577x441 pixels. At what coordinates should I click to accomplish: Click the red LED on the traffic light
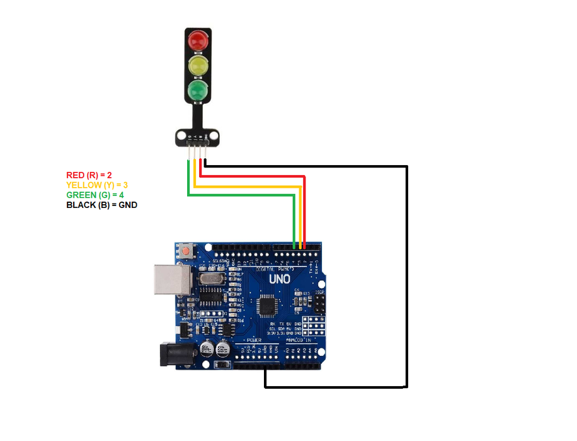[x=198, y=41]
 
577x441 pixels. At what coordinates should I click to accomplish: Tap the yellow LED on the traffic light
[x=198, y=65]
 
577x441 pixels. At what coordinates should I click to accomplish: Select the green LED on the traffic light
[x=198, y=89]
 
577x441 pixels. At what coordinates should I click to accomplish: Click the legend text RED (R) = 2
[x=89, y=175]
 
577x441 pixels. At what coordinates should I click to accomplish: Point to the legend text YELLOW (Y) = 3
[x=97, y=185]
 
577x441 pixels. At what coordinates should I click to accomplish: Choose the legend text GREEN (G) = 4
[x=95, y=195]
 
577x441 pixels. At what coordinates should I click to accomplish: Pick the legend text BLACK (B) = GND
[x=101, y=205]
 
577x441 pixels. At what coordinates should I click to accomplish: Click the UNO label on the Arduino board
[x=280, y=278]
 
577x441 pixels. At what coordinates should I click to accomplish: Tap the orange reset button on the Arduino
[x=186, y=251]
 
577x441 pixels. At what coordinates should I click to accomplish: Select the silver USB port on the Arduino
[x=170, y=279]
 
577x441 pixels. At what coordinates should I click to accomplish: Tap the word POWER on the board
[x=254, y=340]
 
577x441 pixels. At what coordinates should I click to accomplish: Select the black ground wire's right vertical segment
[x=407, y=277]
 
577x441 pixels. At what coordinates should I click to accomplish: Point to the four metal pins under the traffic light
[x=198, y=152]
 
